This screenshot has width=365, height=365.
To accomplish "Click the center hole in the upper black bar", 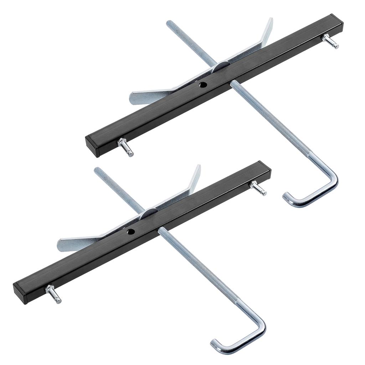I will pos(203,85).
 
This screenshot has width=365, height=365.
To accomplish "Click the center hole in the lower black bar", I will pos(130,232).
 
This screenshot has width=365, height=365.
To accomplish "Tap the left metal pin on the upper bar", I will pos(127,147).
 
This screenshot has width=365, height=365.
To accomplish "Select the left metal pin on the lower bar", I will pos(54,294).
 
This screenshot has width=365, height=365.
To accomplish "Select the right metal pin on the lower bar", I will pos(258,188).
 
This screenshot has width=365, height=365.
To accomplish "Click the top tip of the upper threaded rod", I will pos(169,23).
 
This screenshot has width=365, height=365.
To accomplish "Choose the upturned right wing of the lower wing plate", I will pos(195,176).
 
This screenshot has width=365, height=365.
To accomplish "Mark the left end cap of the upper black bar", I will pos(91,146).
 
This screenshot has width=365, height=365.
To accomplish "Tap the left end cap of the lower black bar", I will pos(19,293).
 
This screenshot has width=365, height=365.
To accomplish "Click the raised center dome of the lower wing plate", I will pos(149,213).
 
